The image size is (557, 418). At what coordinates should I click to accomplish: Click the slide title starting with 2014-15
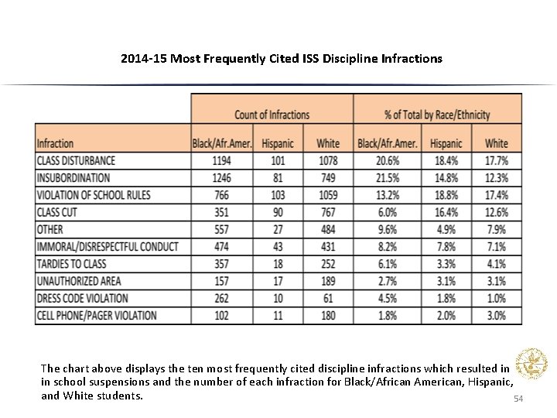(x=282, y=58)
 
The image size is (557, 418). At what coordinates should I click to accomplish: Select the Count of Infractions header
(x=272, y=115)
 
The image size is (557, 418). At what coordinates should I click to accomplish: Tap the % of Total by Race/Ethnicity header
(x=437, y=115)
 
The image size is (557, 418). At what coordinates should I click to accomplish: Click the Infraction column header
(x=56, y=143)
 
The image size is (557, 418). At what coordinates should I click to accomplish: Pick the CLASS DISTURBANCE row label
(x=76, y=160)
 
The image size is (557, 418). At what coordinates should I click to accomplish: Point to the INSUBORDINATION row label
(x=73, y=177)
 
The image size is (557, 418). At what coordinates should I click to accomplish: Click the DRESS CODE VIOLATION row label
(x=82, y=298)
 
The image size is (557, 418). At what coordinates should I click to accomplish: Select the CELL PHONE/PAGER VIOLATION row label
(x=97, y=315)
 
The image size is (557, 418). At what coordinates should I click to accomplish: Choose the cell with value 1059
(x=328, y=194)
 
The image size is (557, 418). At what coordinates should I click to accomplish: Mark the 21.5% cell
(x=387, y=177)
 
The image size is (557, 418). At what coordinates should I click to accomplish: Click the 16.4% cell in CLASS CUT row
(x=446, y=211)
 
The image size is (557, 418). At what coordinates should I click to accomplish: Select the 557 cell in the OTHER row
(x=221, y=229)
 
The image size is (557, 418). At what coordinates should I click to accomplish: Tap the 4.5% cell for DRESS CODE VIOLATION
(x=388, y=298)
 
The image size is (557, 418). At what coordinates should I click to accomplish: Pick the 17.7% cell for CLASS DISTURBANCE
(x=496, y=160)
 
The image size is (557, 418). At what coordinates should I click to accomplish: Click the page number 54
(x=518, y=398)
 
